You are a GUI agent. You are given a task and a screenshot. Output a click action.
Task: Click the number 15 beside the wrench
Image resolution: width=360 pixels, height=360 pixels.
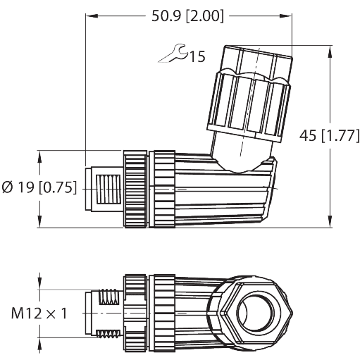(197, 56)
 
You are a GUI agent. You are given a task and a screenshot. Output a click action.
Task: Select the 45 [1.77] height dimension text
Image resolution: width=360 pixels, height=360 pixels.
(328, 137)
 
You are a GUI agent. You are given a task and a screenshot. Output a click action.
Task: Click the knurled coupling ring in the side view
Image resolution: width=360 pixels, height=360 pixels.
(136, 188)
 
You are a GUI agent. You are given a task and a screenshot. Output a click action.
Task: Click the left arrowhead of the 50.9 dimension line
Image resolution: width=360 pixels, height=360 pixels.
(89, 16)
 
